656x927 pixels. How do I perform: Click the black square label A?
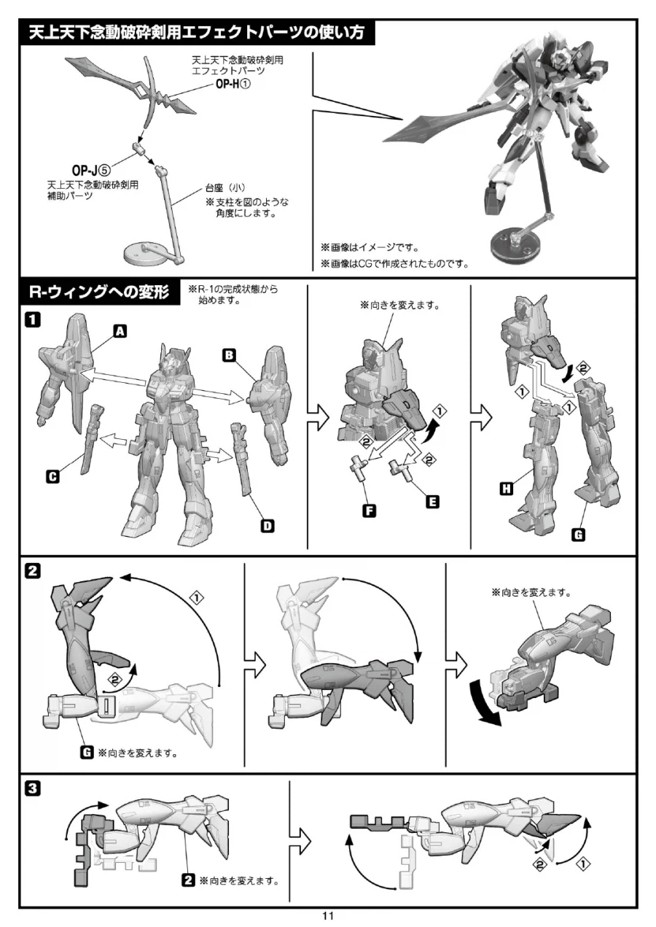click(x=120, y=331)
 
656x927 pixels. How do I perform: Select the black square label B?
click(x=229, y=355)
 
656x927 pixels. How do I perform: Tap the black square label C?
click(x=52, y=477)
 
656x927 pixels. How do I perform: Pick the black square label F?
click(x=369, y=511)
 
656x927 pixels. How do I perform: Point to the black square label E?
click(x=432, y=502)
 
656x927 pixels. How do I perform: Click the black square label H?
click(x=507, y=489)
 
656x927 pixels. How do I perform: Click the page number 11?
click(x=328, y=915)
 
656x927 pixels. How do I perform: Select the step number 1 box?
click(x=33, y=320)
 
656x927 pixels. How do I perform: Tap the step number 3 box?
click(x=33, y=788)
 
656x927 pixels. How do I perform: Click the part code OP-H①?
click(x=233, y=84)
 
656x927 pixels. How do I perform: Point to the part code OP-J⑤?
click(x=91, y=171)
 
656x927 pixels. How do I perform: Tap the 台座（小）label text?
click(x=225, y=188)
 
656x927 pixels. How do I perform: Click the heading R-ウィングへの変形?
click(x=100, y=292)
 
